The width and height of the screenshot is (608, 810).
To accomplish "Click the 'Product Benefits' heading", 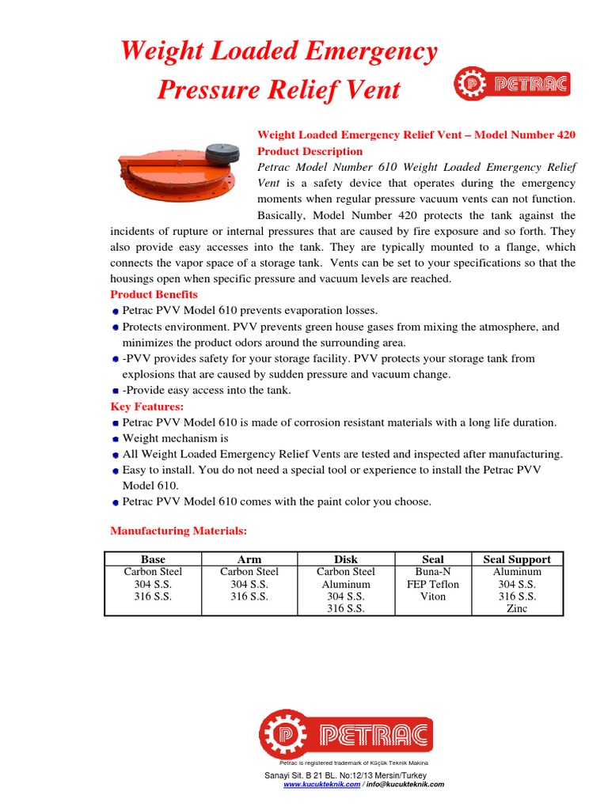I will coord(154,294).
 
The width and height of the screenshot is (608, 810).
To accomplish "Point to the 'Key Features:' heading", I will coord(147,407).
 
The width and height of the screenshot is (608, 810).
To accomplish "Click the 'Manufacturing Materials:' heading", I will coord(179,530).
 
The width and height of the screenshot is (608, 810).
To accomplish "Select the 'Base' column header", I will coord(153,559).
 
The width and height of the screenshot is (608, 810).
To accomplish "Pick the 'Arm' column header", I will coord(249,559).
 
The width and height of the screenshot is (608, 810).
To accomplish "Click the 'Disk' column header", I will coord(346,559).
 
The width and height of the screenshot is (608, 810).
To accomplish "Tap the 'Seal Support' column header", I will coord(517,559).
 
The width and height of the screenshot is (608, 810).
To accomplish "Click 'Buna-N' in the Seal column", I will coord(433,571).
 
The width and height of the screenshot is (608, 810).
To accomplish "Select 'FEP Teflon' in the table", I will coord(433,584).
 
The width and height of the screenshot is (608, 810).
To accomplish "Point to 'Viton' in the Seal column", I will coord(433,596).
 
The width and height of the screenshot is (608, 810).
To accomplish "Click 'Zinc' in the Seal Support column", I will coord(517,609).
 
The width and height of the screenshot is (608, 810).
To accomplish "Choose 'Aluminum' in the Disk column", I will coord(346,584).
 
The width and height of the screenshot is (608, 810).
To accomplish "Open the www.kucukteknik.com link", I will coord(321,784).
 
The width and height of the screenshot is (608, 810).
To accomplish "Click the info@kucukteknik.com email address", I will coord(406,784).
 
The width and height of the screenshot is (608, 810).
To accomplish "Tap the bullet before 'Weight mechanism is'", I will coord(116,438).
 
